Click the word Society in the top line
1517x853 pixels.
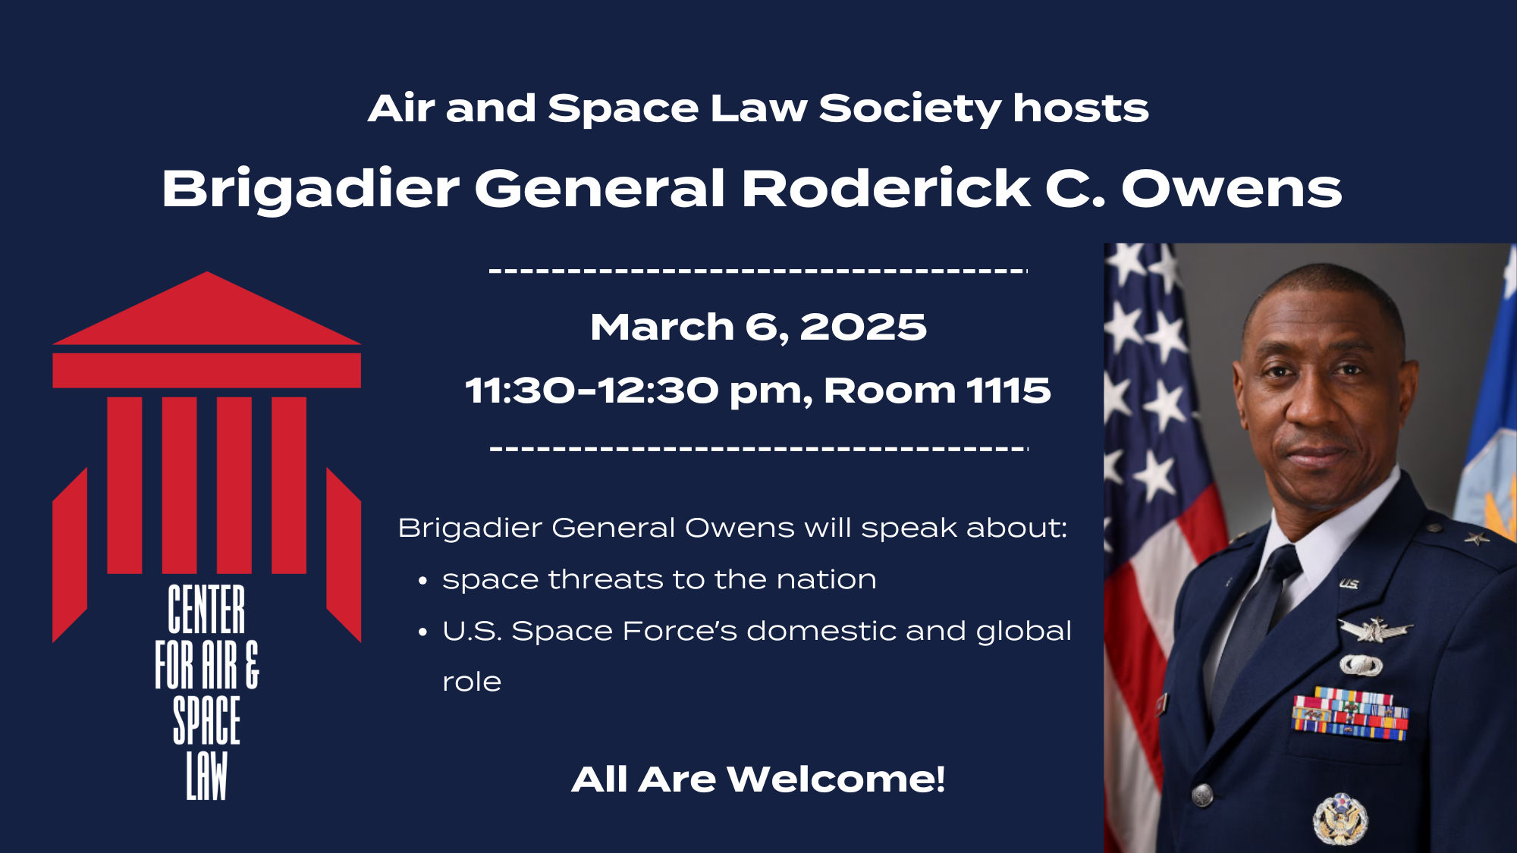[909, 109]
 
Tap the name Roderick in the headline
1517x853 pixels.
[885, 188]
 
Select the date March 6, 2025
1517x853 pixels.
[758, 328]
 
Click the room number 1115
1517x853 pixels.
[1008, 390]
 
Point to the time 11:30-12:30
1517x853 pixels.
[592, 390]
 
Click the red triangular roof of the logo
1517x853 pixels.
[206, 308]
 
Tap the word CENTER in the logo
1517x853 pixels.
[206, 609]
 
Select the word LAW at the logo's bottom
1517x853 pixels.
[206, 776]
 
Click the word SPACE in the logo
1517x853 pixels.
[206, 720]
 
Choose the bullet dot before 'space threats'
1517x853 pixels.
[423, 582]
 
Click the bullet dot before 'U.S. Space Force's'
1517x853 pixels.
[423, 633]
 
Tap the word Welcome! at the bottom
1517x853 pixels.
[836, 779]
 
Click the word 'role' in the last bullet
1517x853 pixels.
[472, 682]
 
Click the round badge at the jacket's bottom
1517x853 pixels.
[1340, 819]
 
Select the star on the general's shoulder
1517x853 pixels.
[1476, 538]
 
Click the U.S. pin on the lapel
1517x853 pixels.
[1349, 584]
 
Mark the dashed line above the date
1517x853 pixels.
[758, 271]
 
